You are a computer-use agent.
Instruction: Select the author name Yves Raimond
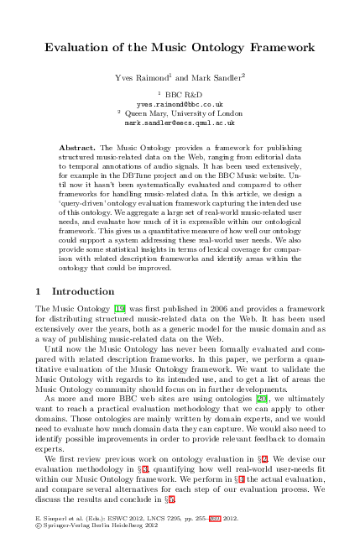tap(141, 77)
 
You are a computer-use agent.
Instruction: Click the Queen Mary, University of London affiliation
tap(184, 112)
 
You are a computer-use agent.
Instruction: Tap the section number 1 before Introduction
tap(39, 291)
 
